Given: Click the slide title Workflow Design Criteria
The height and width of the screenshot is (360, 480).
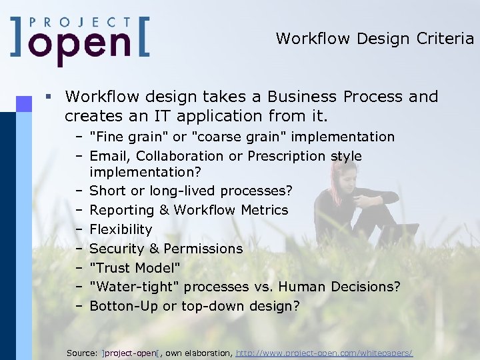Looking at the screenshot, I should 375,39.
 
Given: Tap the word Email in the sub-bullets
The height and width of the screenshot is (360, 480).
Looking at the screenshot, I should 107,156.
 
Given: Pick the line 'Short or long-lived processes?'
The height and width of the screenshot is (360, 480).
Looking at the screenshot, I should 191,191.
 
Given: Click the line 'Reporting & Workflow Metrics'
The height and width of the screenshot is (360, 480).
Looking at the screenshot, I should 189,210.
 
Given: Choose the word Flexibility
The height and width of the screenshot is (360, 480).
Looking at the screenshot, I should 121,229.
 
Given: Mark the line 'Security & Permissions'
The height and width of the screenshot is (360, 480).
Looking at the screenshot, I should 166,249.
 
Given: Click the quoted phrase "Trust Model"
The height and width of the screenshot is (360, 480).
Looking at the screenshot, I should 135,268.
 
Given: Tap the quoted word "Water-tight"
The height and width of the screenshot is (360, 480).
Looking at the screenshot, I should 134,287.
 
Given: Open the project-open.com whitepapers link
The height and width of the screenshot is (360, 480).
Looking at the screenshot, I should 324,352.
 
